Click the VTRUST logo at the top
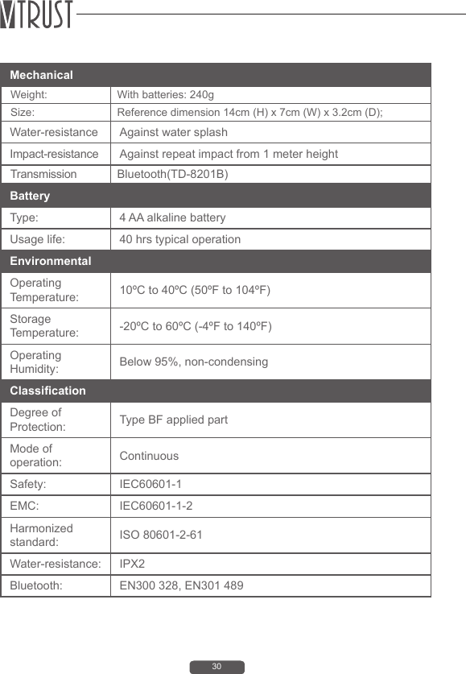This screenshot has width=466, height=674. point(37,15)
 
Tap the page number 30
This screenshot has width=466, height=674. point(217,667)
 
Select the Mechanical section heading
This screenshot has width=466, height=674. point(41,75)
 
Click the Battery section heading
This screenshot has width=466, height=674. point(30,196)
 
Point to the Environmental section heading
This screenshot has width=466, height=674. point(50,262)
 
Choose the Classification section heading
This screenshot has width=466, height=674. point(47,391)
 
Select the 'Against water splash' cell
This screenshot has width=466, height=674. point(173,132)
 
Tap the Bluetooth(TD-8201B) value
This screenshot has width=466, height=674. point(172,174)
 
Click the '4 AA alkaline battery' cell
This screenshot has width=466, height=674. point(172,217)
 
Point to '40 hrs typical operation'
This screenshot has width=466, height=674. point(179,239)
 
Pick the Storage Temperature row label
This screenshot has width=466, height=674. point(44,325)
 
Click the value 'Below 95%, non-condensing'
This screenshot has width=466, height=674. point(193,362)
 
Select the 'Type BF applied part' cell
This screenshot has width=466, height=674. point(173,420)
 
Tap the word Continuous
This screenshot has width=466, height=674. point(149,456)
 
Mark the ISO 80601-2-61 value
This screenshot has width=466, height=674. point(161,535)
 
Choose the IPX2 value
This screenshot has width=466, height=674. point(133,564)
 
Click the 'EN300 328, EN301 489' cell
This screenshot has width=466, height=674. point(181,585)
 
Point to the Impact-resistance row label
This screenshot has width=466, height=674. point(54,154)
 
